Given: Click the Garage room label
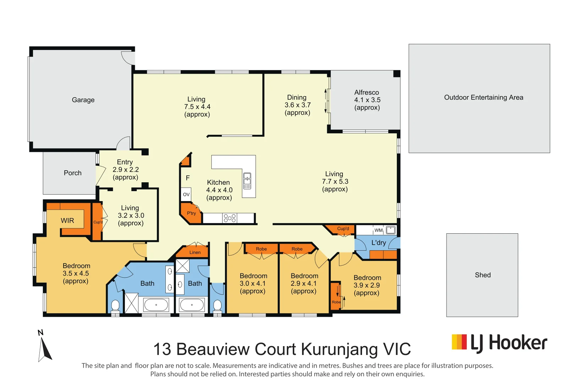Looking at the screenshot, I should click(83, 100).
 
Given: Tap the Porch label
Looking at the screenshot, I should click(72, 173).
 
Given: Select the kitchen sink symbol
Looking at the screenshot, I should click(247, 181).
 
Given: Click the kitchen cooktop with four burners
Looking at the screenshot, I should click(230, 218).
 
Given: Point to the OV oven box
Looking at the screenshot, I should click(186, 194).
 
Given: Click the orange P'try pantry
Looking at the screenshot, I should click(191, 213).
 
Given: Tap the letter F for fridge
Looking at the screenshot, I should click(188, 178).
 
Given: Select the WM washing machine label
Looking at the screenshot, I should click(378, 230).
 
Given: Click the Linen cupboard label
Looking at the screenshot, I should click(195, 252).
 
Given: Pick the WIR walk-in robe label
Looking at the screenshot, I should click(67, 221).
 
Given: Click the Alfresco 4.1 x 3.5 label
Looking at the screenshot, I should click(367, 100).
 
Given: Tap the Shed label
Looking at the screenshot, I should click(482, 275).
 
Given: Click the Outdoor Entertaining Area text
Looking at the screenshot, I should click(483, 98).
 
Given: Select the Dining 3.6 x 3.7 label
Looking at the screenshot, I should click(297, 105).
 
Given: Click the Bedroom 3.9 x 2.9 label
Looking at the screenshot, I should click(367, 285).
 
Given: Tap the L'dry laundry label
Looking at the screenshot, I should click(378, 243).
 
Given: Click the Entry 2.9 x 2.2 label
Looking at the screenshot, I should click(125, 170).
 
